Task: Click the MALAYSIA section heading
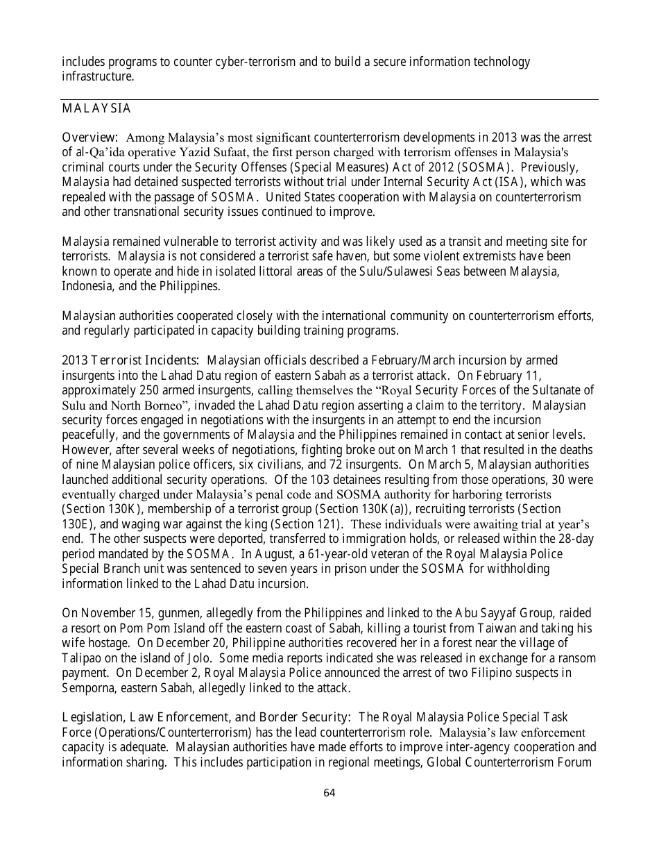pyautogui.click(x=96, y=109)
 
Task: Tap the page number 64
pyautogui.click(x=329, y=792)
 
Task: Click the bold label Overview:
pyautogui.click(x=90, y=137)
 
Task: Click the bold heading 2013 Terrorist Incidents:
pyautogui.click(x=131, y=360)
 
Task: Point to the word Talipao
pyautogui.click(x=81, y=658)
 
